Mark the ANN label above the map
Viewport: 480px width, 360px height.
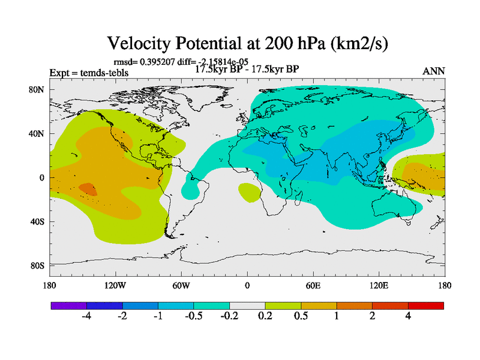pos(434,71)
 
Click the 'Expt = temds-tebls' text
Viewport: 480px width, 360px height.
pos(89,73)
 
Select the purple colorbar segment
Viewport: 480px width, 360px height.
pos(68,305)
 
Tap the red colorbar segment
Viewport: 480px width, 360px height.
pos(426,305)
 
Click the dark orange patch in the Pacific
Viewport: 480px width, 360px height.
pos(88,189)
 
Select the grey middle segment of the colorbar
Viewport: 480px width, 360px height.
pos(247,305)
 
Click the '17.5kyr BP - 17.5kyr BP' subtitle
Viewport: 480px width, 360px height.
pos(247,68)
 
